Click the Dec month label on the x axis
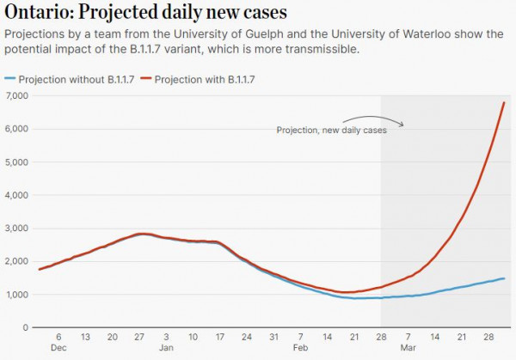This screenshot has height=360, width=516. click(x=58, y=348)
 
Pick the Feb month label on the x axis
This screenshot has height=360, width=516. click(x=300, y=348)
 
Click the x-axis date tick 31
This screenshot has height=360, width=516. click(x=273, y=338)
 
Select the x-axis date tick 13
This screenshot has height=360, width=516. click(x=85, y=338)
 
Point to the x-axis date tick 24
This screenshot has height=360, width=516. click(x=246, y=338)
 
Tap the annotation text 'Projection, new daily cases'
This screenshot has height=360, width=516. click(x=331, y=130)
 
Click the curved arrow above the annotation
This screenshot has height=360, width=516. click(x=374, y=118)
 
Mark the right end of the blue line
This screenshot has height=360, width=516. click(x=504, y=278)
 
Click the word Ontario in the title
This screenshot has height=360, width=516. click(x=38, y=14)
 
